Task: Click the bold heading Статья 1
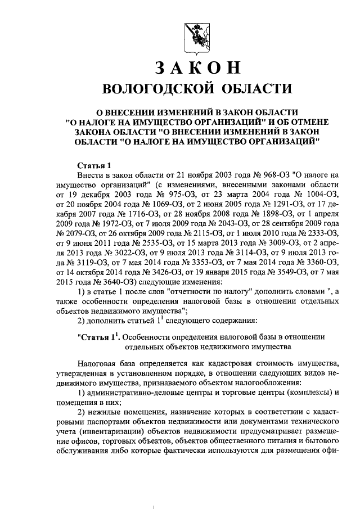click(x=94, y=165)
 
